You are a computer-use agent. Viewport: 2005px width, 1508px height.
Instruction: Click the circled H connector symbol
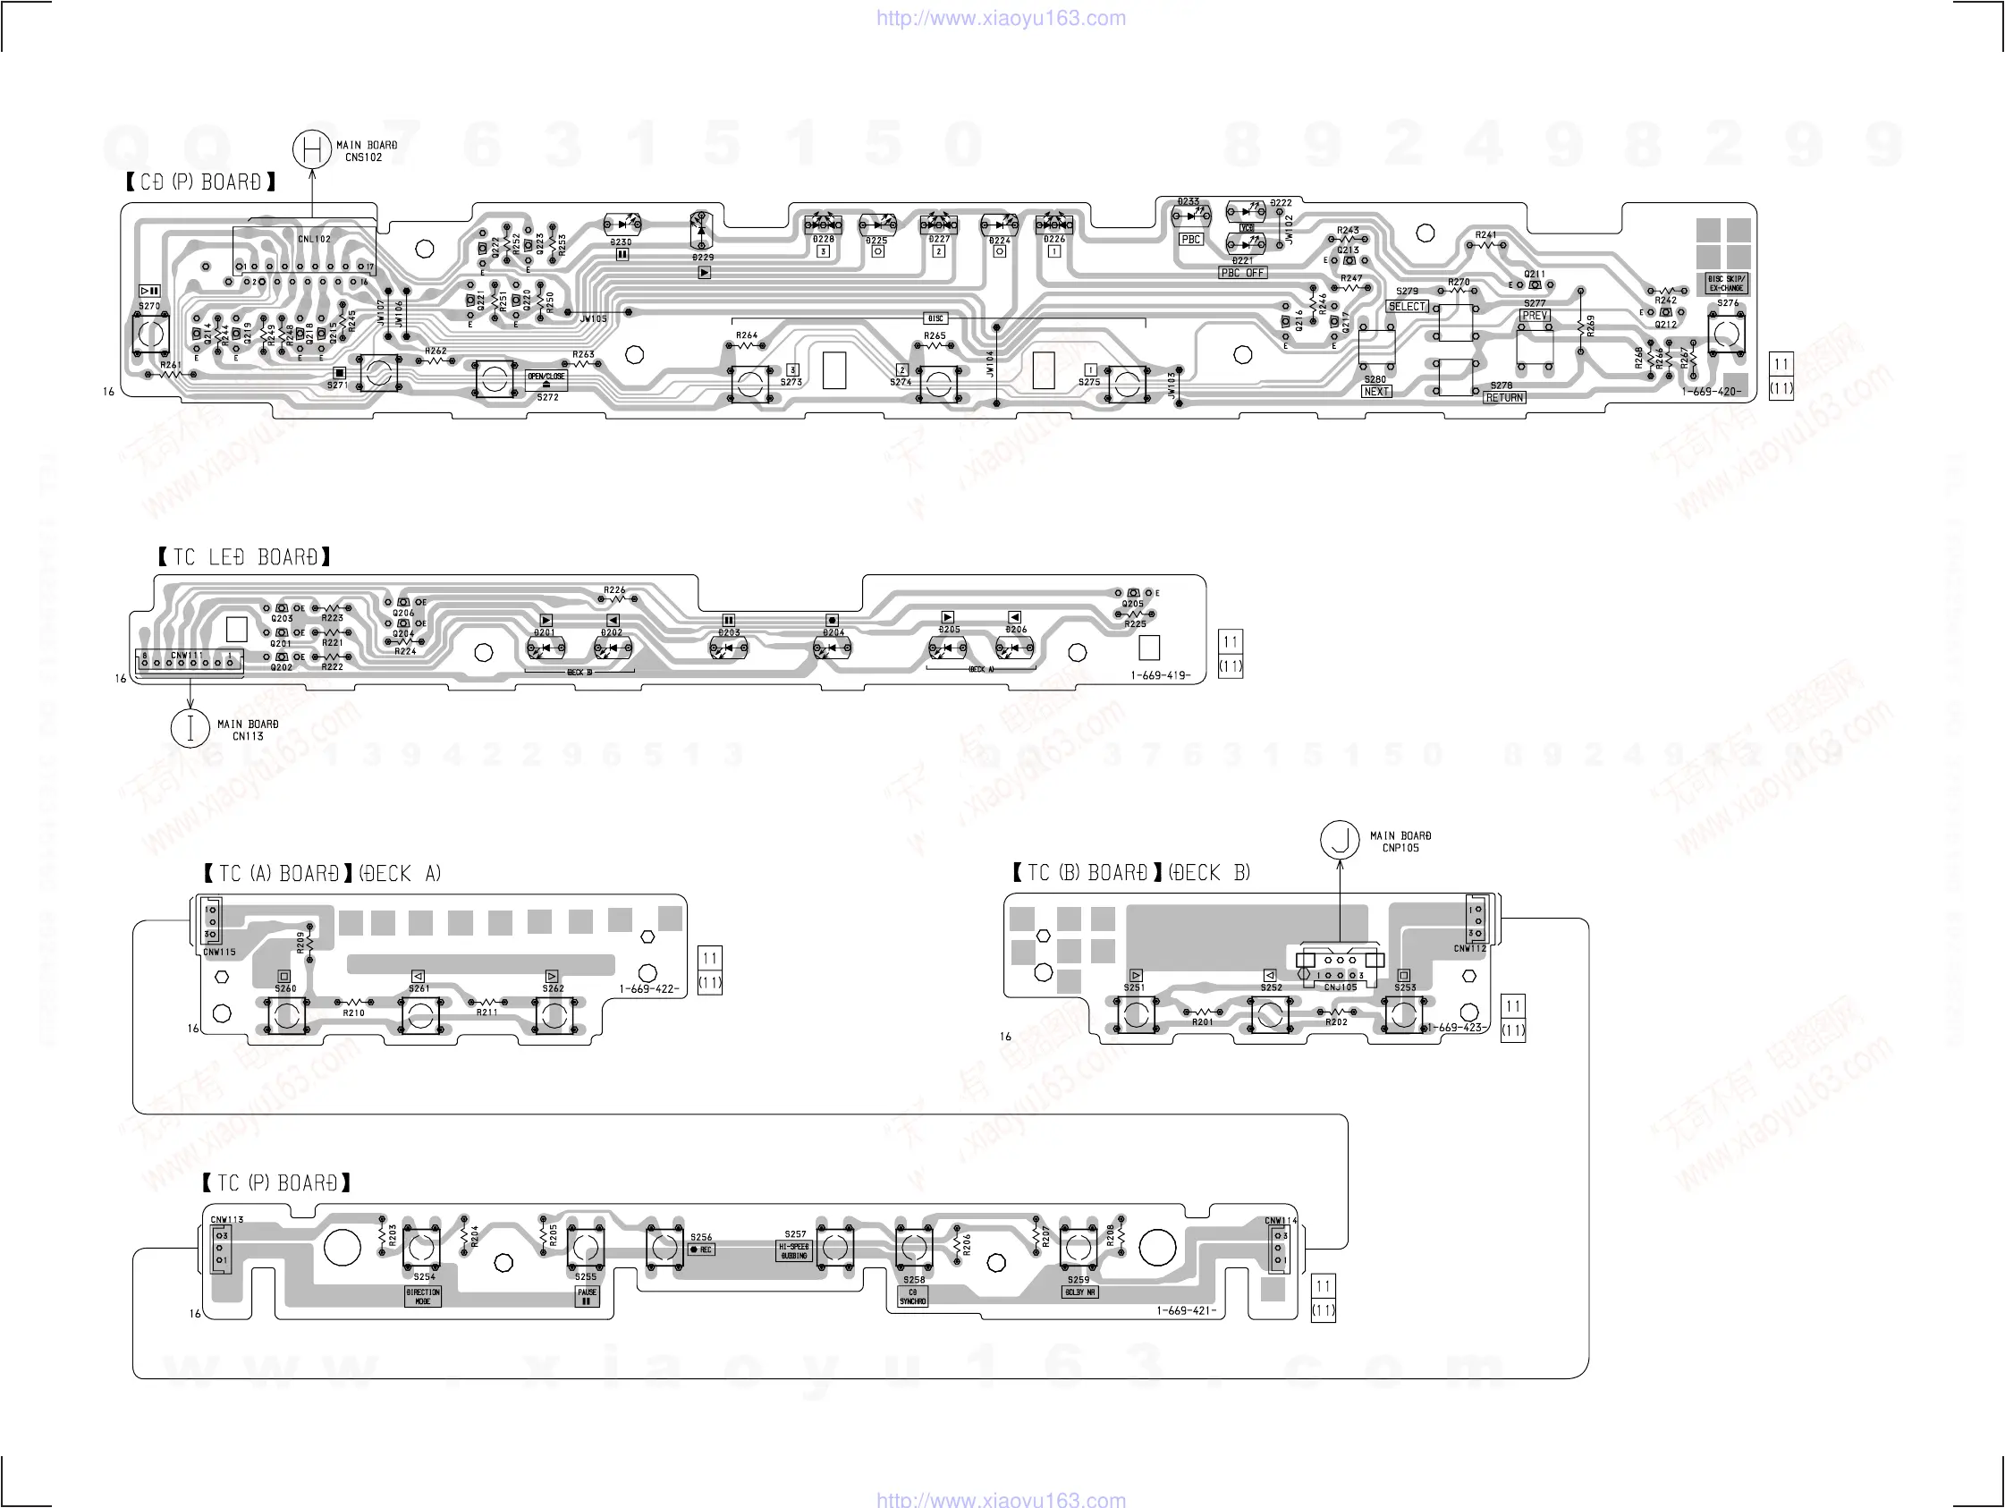pyautogui.click(x=312, y=149)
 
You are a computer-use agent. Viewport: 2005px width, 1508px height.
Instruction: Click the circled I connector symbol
pyautogui.click(x=190, y=729)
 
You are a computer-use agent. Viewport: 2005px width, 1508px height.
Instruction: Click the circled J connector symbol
pyautogui.click(x=1340, y=840)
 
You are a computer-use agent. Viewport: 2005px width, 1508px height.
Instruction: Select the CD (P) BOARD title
pyautogui.click(x=200, y=182)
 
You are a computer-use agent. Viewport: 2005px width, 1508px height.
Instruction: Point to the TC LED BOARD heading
pyautogui.click(x=244, y=556)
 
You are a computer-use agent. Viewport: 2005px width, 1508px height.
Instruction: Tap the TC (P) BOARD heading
pyautogui.click(x=276, y=1183)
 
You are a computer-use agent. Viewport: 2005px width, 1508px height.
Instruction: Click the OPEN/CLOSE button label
pyautogui.click(x=546, y=379)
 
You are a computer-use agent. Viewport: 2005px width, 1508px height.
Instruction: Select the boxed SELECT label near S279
pyautogui.click(x=1407, y=307)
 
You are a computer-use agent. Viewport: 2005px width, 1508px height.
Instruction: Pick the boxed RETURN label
pyautogui.click(x=1505, y=398)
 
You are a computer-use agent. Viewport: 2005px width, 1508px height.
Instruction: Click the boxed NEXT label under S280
pyautogui.click(x=1376, y=392)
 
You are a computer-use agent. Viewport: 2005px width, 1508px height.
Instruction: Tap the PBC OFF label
pyautogui.click(x=1243, y=273)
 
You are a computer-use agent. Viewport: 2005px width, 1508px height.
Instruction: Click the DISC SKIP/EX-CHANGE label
pyautogui.click(x=1727, y=284)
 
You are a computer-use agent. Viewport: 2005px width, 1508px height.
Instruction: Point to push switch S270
pyautogui.click(x=150, y=334)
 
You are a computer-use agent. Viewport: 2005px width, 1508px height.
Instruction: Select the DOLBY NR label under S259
pyautogui.click(x=1079, y=1292)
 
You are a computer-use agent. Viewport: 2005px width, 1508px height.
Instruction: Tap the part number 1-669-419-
pyautogui.click(x=1160, y=675)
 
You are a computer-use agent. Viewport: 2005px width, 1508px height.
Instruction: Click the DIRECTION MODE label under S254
pyautogui.click(x=423, y=1297)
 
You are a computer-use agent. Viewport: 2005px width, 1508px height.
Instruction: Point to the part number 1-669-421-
pyautogui.click(x=1186, y=1310)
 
